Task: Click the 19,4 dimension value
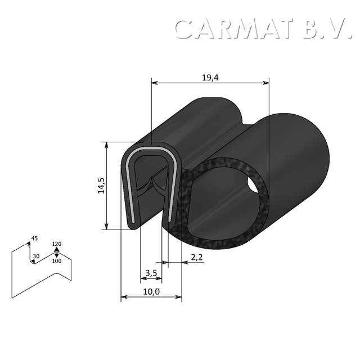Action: coord(210,78)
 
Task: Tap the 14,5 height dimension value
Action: coord(101,185)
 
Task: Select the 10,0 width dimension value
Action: coord(151,291)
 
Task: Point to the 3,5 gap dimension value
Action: coord(151,273)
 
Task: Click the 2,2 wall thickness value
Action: coord(197,257)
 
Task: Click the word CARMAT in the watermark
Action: coord(236,29)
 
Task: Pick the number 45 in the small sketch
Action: coord(34,238)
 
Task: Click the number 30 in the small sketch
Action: coord(36,256)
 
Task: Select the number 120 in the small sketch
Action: coord(56,244)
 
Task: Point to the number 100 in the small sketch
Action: coord(56,261)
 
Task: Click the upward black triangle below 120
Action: coord(56,249)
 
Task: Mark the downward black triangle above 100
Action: coord(56,255)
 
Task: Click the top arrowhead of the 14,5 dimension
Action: coord(106,145)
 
